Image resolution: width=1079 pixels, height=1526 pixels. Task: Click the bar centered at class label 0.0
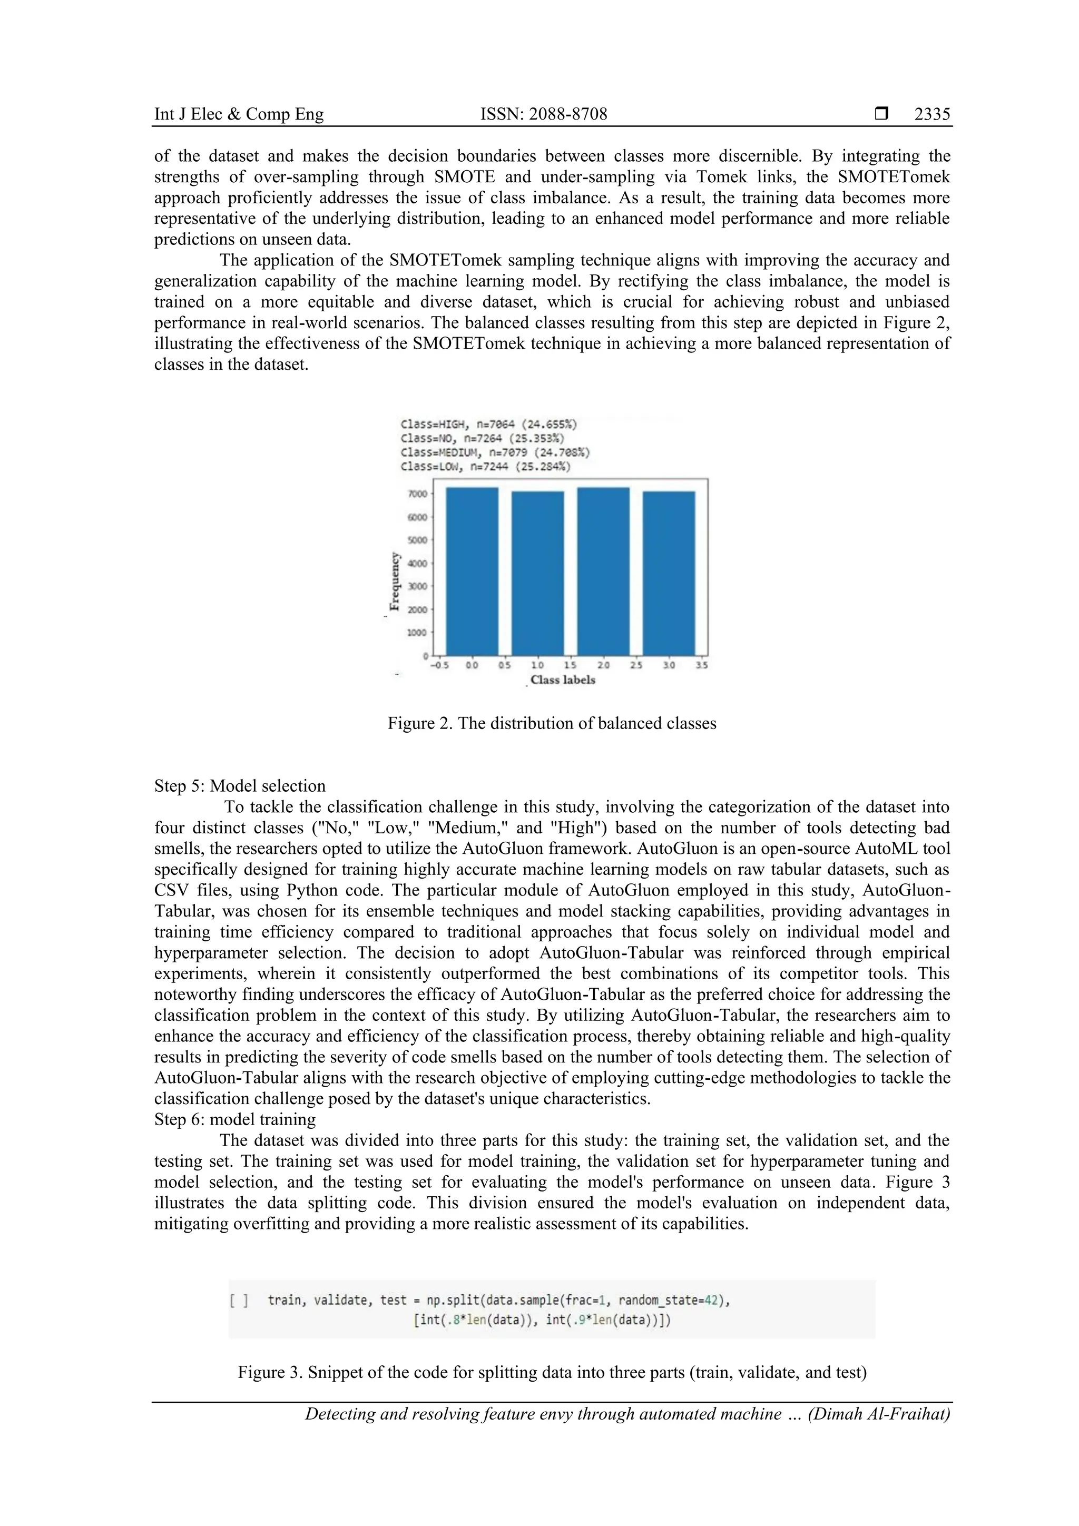[x=472, y=572]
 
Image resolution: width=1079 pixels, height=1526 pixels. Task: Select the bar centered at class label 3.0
[x=669, y=573]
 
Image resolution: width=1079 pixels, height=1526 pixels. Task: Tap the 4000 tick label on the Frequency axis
[x=417, y=564]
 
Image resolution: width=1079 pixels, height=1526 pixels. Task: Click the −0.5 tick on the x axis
[x=439, y=665]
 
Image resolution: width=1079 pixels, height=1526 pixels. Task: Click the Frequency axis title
[x=395, y=581]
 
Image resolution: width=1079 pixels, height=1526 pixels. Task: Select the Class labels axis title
[x=563, y=680]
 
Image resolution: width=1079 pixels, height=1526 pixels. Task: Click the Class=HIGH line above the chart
[x=488, y=424]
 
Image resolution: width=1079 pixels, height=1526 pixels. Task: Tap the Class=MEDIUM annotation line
[x=495, y=452]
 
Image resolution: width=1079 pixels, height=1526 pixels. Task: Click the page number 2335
[x=931, y=114]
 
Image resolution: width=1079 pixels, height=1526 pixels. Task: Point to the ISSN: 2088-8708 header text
[x=543, y=114]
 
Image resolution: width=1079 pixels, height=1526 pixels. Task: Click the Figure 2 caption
[x=552, y=723]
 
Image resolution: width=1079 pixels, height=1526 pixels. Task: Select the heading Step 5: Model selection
[x=240, y=786]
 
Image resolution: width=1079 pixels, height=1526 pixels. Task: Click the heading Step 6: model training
[x=234, y=1120]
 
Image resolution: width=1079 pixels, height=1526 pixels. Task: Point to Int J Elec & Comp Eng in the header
[x=239, y=114]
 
